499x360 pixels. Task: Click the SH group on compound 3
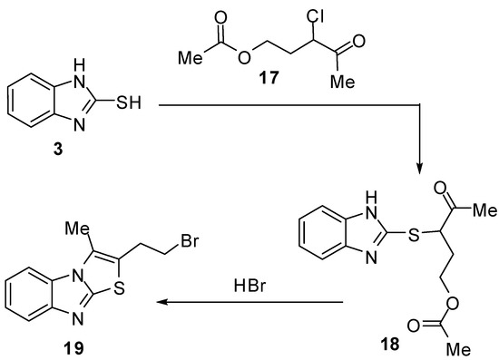(x=129, y=108)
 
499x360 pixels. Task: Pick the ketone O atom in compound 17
(x=357, y=40)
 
